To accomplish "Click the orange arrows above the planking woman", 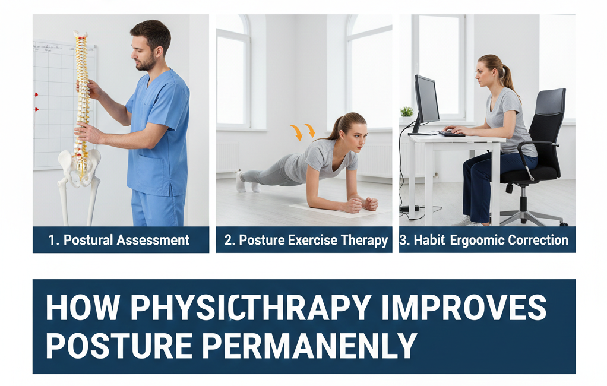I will [303, 131].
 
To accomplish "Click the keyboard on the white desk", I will [452, 134].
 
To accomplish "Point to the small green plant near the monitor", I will [407, 112].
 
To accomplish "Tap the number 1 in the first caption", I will [52, 241].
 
